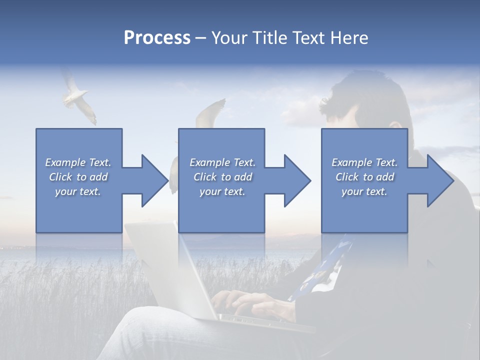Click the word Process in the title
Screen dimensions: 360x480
click(x=157, y=38)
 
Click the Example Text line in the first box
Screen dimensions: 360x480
click(x=78, y=162)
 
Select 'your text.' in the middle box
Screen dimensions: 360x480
click(x=222, y=191)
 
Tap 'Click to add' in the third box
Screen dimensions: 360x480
click(x=364, y=177)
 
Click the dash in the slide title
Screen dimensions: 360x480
click(x=201, y=38)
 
